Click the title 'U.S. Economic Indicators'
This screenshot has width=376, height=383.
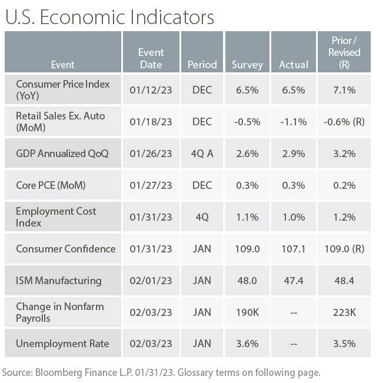click(x=109, y=17)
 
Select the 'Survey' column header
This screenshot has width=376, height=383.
click(x=247, y=64)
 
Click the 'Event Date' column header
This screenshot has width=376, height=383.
click(x=151, y=58)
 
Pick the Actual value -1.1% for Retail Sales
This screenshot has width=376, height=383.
click(x=292, y=121)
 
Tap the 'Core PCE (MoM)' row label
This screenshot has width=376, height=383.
click(x=51, y=185)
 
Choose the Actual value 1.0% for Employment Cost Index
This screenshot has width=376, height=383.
click(x=292, y=217)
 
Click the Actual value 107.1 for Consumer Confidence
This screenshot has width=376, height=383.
click(x=292, y=249)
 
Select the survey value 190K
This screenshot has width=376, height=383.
click(x=247, y=312)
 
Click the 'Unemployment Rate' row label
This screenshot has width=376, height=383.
click(x=62, y=344)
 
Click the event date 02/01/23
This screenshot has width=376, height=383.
click(x=151, y=281)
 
